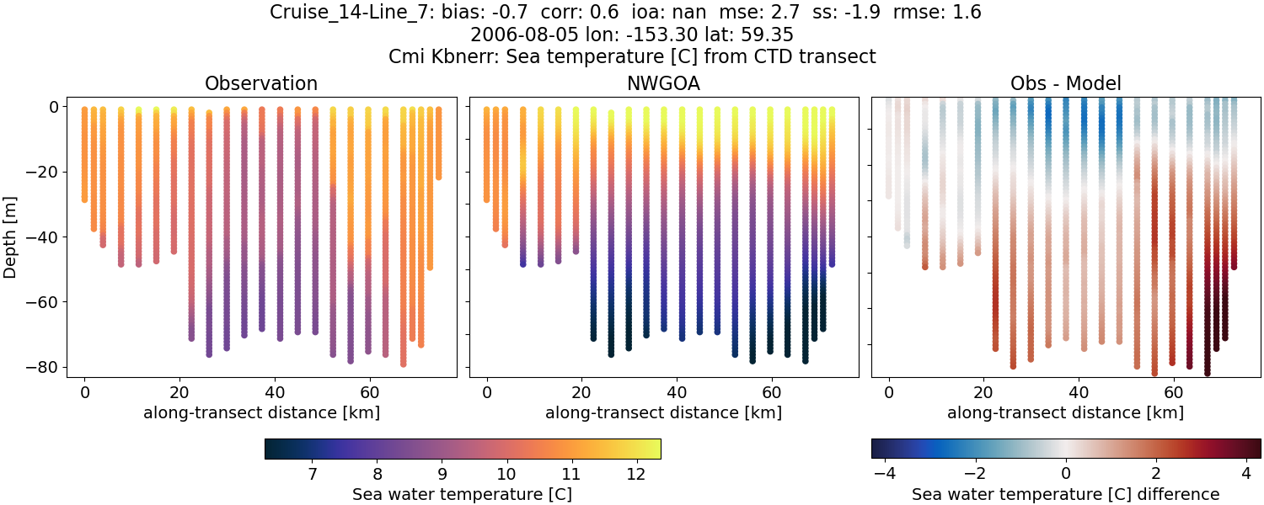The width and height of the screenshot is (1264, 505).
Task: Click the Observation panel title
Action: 261,84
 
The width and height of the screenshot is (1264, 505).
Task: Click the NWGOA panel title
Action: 663,84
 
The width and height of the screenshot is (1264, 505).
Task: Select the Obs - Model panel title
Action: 1065,84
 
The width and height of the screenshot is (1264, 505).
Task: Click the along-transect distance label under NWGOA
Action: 663,412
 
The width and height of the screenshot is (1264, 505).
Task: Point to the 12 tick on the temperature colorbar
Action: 635,475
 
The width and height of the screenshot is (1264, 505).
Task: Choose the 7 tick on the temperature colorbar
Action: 313,475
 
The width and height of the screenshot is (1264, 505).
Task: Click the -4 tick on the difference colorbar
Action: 886,475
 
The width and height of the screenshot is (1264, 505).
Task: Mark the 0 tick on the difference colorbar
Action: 1066,475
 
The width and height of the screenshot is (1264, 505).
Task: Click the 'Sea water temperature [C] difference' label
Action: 1065,494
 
